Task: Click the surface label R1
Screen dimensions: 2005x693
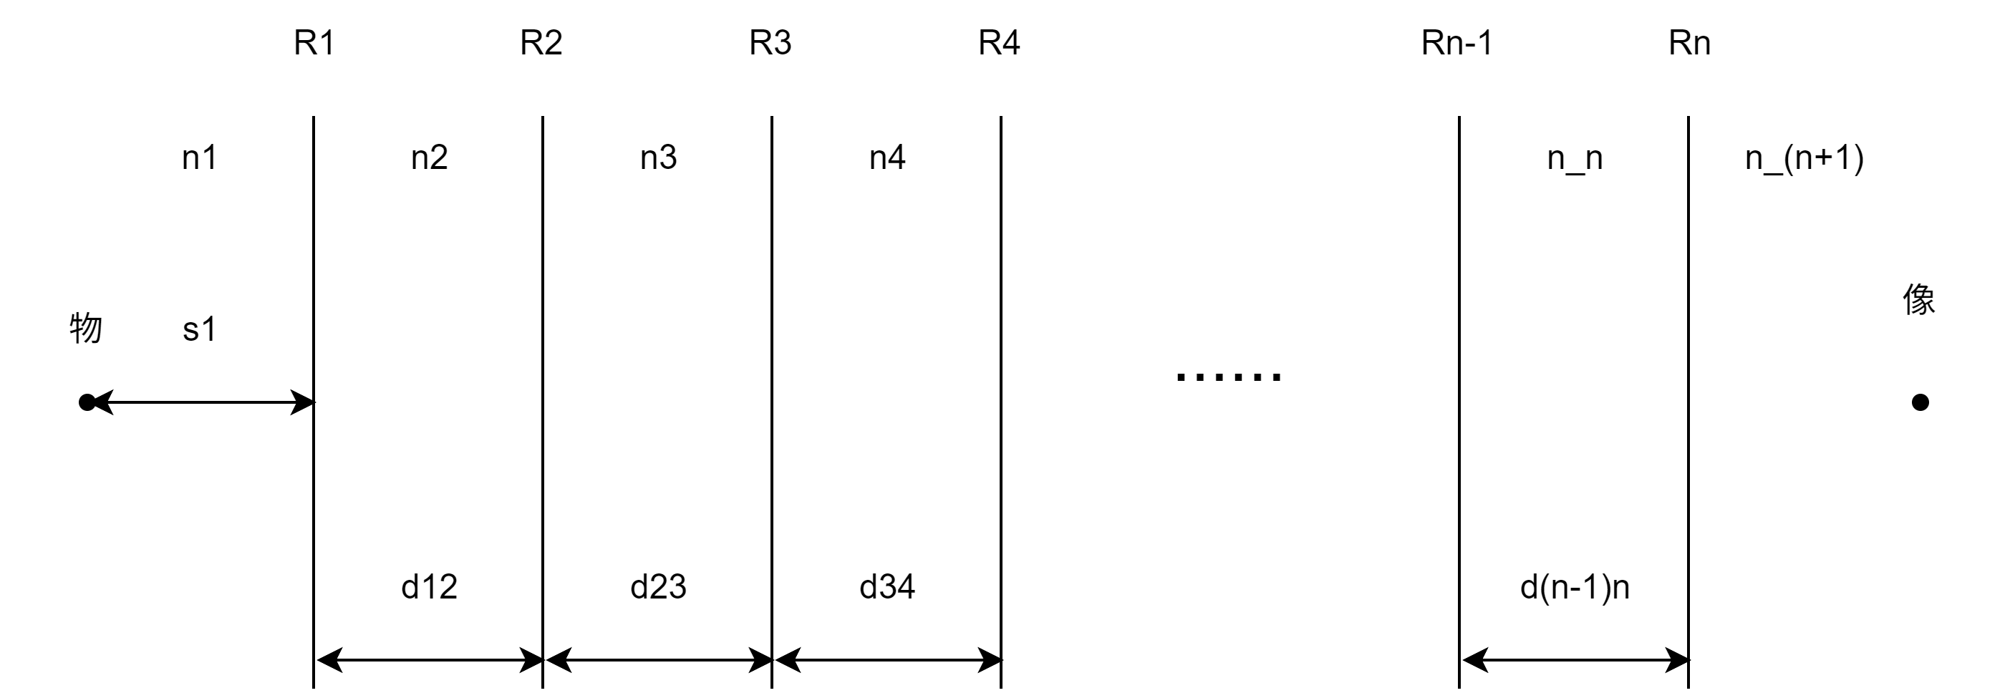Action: coord(314,43)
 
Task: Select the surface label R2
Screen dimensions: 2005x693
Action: coord(541,43)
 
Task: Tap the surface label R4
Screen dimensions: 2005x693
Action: coord(999,43)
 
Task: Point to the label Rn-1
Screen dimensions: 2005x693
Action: coord(1456,43)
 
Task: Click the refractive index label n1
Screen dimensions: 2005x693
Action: coord(199,158)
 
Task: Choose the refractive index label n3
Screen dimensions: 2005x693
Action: coord(659,158)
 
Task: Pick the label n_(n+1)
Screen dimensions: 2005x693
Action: coord(1804,159)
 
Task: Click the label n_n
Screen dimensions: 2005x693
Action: coord(1575,159)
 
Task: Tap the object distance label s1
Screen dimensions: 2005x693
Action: coord(199,329)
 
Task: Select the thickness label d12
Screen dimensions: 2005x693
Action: coord(429,586)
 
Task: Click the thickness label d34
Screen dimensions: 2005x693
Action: coord(887,586)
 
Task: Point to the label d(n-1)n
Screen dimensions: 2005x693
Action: coord(1575,586)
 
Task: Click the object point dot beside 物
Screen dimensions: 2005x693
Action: coord(87,402)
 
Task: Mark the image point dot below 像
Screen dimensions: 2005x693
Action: coord(1921,402)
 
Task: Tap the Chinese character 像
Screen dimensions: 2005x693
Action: coord(1918,299)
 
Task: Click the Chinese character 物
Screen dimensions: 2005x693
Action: coord(86,328)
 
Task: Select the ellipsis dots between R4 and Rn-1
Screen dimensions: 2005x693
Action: coord(1228,378)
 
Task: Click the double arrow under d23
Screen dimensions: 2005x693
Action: coord(659,660)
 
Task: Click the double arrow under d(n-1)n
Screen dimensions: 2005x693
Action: coord(1575,660)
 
